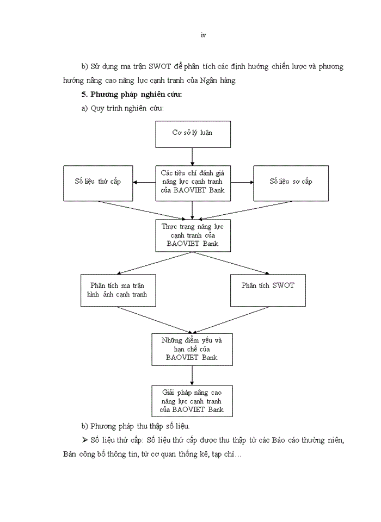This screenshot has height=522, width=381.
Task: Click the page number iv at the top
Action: click(x=202, y=35)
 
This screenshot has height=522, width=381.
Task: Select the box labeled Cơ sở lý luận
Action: click(x=193, y=134)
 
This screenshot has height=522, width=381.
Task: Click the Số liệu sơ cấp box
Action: click(x=291, y=182)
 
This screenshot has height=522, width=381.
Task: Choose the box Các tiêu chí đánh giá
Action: click(x=193, y=182)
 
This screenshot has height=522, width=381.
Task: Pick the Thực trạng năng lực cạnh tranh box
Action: click(x=193, y=235)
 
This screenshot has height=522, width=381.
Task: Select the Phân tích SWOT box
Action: click(x=268, y=285)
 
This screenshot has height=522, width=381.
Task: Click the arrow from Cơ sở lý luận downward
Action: click(x=193, y=156)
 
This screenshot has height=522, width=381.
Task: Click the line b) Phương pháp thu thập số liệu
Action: click(x=135, y=425)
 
